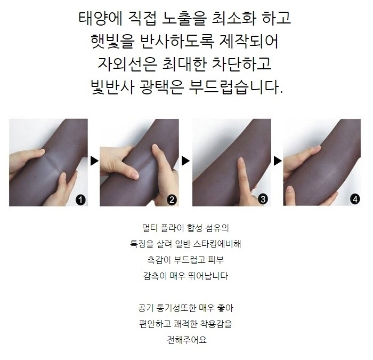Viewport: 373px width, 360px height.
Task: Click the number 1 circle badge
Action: click(80, 199)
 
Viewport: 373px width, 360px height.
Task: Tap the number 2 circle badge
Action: click(172, 199)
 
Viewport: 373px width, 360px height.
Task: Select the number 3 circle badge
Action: click(263, 199)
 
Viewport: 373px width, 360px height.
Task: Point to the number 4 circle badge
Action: click(355, 199)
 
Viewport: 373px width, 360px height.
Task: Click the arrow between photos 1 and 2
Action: click(94, 161)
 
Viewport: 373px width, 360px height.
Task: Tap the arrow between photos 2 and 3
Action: click(185, 161)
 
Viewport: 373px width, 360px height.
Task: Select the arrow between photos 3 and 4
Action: click(277, 161)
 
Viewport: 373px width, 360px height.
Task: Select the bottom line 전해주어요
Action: click(186, 340)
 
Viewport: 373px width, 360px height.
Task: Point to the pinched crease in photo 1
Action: click(51, 161)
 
